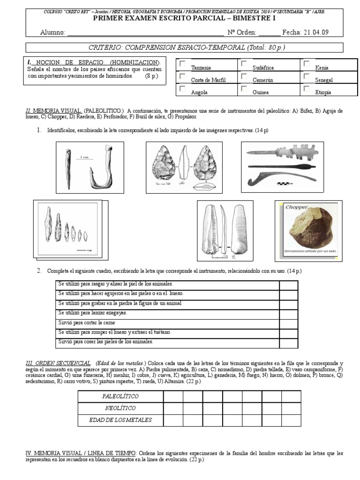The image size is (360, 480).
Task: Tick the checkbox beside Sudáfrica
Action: click(x=244, y=63)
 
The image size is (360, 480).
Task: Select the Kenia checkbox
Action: click(x=307, y=63)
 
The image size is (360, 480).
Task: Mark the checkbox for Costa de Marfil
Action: click(x=182, y=76)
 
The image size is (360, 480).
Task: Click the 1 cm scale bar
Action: click(x=84, y=158)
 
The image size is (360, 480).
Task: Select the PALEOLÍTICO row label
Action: click(x=120, y=396)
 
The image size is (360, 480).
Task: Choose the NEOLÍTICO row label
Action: click(x=120, y=408)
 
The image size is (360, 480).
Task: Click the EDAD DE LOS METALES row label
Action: click(x=120, y=420)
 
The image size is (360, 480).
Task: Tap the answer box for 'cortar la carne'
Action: click(x=288, y=323)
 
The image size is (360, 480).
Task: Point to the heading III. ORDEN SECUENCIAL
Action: click(x=58, y=363)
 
